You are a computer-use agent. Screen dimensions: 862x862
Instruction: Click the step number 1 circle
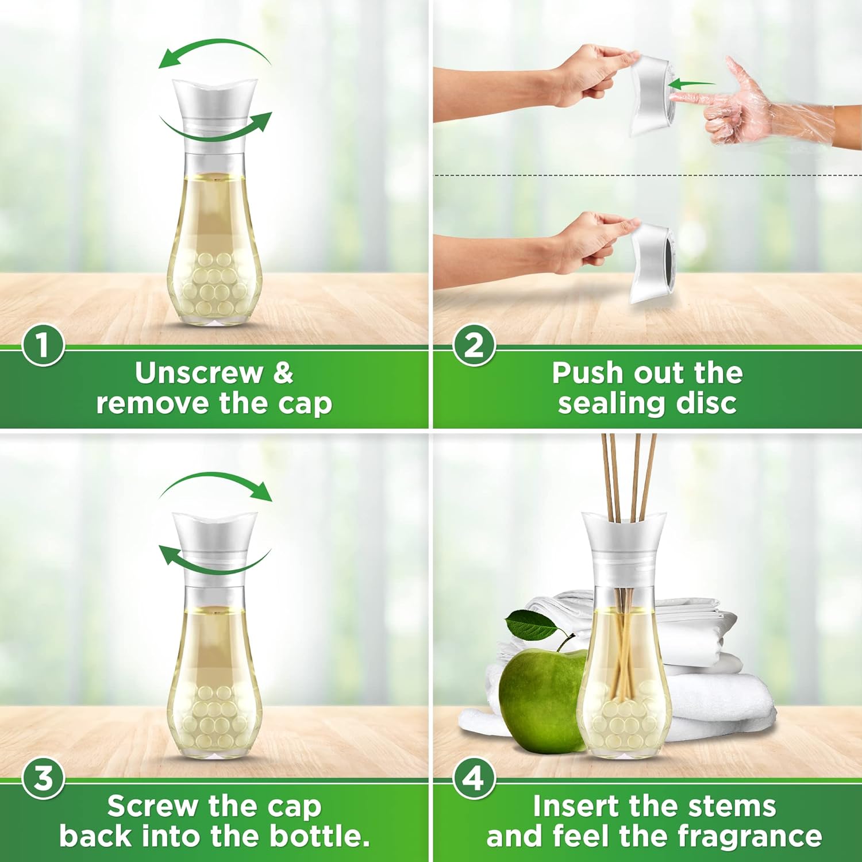tap(43, 345)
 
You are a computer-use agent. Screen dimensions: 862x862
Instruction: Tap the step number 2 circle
tap(474, 345)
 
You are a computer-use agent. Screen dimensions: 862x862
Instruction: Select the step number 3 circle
tap(43, 779)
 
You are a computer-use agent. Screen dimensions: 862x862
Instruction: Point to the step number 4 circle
tap(474, 779)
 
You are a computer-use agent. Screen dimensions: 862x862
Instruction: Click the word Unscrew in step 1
tap(198, 373)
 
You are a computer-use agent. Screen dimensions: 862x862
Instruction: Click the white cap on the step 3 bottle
tap(215, 543)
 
